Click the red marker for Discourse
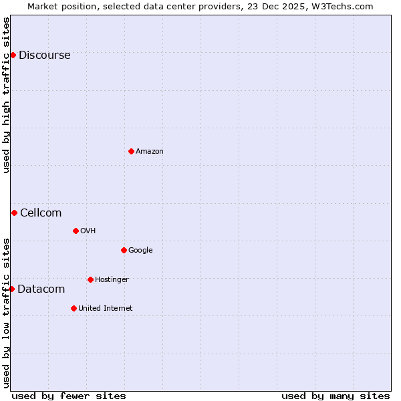pyautogui.click(x=13, y=55)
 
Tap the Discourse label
pyautogui.click(x=44, y=55)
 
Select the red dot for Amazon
pyautogui.click(x=131, y=151)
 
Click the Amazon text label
pyautogui.click(x=149, y=152)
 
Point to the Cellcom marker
pyautogui.click(x=14, y=213)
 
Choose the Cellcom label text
pyautogui.click(x=41, y=213)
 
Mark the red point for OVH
pyautogui.click(x=76, y=231)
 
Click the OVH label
pyautogui.click(x=88, y=231)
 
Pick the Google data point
pyautogui.click(x=124, y=250)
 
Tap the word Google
pyautogui.click(x=140, y=251)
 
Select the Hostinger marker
pyautogui.click(x=90, y=279)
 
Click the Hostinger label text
pyautogui.click(x=112, y=280)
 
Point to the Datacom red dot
pyautogui.click(x=11, y=289)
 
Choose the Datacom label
pyautogui.click(x=41, y=289)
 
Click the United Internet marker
pyautogui.click(x=74, y=308)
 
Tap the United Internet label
pyautogui.click(x=105, y=309)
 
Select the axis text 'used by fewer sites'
pyautogui.click(x=69, y=396)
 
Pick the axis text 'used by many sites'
pyautogui.click(x=336, y=396)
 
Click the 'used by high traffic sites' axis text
pyautogui.click(x=7, y=95)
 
